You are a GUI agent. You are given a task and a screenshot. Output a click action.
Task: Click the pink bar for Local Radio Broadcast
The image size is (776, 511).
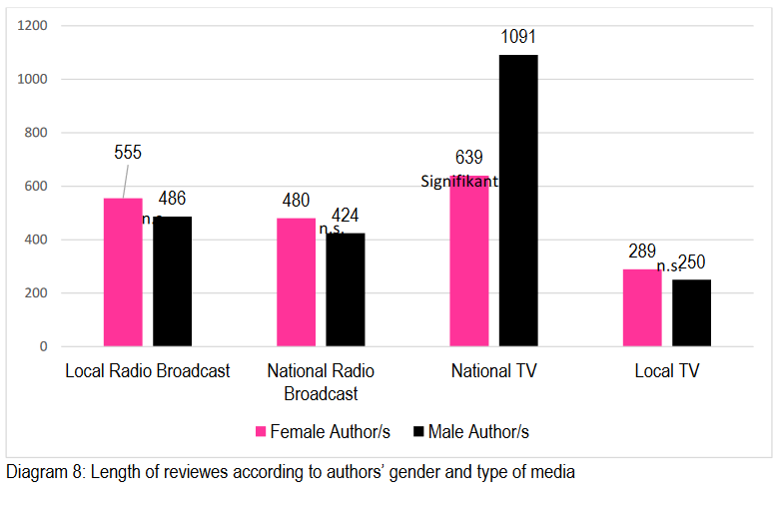click(x=123, y=271)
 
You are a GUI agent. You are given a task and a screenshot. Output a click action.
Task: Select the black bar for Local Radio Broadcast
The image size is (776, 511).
click(x=172, y=281)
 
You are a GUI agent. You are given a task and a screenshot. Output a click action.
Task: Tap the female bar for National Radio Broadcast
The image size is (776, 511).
click(x=296, y=282)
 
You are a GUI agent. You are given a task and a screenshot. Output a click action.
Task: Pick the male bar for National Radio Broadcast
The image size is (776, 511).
click(x=345, y=289)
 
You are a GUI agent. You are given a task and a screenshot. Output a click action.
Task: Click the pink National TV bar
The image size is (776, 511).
click(x=469, y=260)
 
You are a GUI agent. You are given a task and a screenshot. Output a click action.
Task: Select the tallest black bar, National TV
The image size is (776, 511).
click(x=518, y=201)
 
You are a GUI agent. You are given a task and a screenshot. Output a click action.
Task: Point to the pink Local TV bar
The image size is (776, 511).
click(x=642, y=307)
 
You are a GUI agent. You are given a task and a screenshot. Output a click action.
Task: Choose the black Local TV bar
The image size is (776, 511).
click(x=691, y=312)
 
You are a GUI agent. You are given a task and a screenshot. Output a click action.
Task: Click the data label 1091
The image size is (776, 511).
click(x=518, y=38)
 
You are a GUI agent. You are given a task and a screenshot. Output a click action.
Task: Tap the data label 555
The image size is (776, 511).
click(x=128, y=153)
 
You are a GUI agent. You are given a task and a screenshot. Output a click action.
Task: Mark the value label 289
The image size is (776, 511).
click(x=642, y=252)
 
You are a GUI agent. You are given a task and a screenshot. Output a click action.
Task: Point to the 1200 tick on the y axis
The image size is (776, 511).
click(x=32, y=25)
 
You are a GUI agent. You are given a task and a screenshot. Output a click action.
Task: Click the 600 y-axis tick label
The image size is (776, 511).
click(x=36, y=186)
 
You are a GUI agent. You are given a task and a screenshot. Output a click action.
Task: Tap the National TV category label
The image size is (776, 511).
click(x=494, y=371)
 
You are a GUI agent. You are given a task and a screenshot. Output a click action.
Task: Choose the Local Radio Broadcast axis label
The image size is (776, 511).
click(x=148, y=371)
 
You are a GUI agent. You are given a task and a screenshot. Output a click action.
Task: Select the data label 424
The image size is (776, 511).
click(x=345, y=215)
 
